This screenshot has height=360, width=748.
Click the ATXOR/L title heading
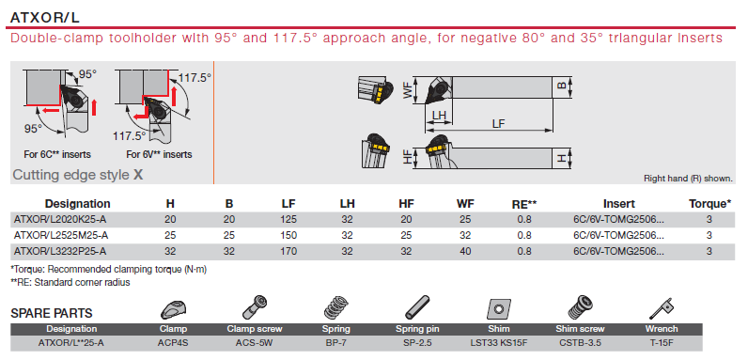click(x=45, y=18)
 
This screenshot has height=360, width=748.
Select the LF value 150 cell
click(x=288, y=235)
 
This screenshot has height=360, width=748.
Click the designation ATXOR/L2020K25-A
click(x=61, y=220)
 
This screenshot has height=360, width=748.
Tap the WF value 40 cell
click(x=465, y=251)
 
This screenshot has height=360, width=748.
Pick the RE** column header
click(x=523, y=204)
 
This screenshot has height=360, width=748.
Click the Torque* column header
click(x=709, y=204)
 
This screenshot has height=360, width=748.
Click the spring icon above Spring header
click(x=336, y=308)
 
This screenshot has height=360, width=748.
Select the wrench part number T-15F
click(x=662, y=343)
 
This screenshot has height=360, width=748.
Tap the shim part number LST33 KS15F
click(x=498, y=343)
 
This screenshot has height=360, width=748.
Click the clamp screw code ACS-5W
click(x=255, y=343)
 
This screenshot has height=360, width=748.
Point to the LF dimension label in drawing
click(x=498, y=123)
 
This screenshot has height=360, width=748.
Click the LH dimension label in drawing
click(x=439, y=116)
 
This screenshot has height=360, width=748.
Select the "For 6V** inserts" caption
click(x=159, y=155)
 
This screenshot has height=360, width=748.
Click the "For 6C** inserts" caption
click(x=57, y=155)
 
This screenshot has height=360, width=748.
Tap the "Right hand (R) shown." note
click(x=688, y=179)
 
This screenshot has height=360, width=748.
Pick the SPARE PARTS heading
click(x=52, y=313)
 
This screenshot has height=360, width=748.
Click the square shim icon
click(x=499, y=309)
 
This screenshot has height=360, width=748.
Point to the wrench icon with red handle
click(x=661, y=309)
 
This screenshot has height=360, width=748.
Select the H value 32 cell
click(x=170, y=251)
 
